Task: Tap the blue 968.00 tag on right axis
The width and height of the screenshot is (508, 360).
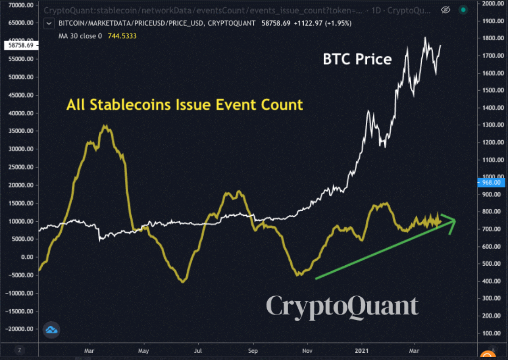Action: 491,183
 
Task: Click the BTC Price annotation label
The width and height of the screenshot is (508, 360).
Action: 357,59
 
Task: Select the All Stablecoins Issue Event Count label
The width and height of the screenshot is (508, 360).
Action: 185,104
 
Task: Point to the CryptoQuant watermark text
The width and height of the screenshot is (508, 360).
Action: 342,306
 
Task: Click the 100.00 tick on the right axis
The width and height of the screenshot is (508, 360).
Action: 492,333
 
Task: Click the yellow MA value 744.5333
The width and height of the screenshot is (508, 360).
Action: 122,36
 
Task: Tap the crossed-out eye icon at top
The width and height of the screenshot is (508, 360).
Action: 446,10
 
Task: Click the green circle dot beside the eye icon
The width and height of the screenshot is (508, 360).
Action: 463,10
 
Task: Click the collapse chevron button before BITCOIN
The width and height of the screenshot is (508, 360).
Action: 49,23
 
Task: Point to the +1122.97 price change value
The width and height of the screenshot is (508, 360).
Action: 308,23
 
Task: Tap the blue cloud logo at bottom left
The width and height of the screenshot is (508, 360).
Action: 51,330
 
